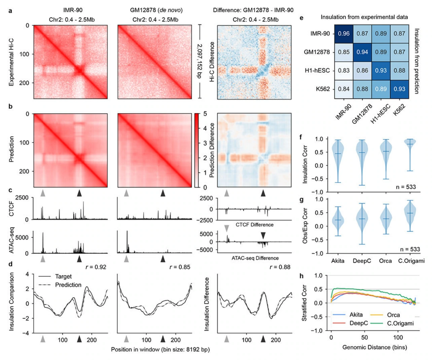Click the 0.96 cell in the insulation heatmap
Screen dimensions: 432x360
pyautogui.click(x=344, y=34)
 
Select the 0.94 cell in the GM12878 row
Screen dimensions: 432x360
pyautogui.click(x=362, y=52)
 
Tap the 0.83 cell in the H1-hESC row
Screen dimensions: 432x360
pyautogui.click(x=344, y=71)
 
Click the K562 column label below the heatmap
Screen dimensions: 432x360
pyautogui.click(x=399, y=110)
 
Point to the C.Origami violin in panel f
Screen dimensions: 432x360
pyautogui.click(x=410, y=155)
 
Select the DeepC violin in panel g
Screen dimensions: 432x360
pyautogui.click(x=362, y=224)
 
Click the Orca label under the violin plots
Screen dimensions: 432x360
pyautogui.click(x=385, y=261)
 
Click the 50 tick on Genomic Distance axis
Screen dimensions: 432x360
pyautogui.click(x=365, y=337)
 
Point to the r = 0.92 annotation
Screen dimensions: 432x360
pyautogui.click(x=96, y=267)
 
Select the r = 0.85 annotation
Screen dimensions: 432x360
pyautogui.click(x=180, y=267)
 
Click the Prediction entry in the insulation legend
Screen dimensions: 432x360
pyautogui.click(x=60, y=285)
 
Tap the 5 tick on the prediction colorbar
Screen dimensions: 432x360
pyautogui.click(x=205, y=114)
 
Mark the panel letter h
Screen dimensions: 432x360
pyautogui.click(x=302, y=276)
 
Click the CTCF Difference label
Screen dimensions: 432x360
pyautogui.click(x=254, y=225)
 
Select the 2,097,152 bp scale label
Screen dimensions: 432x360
pyautogui.click(x=199, y=61)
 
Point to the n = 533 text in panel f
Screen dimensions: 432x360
pyautogui.click(x=406, y=187)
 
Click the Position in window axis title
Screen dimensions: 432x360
pyautogui.click(x=160, y=350)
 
